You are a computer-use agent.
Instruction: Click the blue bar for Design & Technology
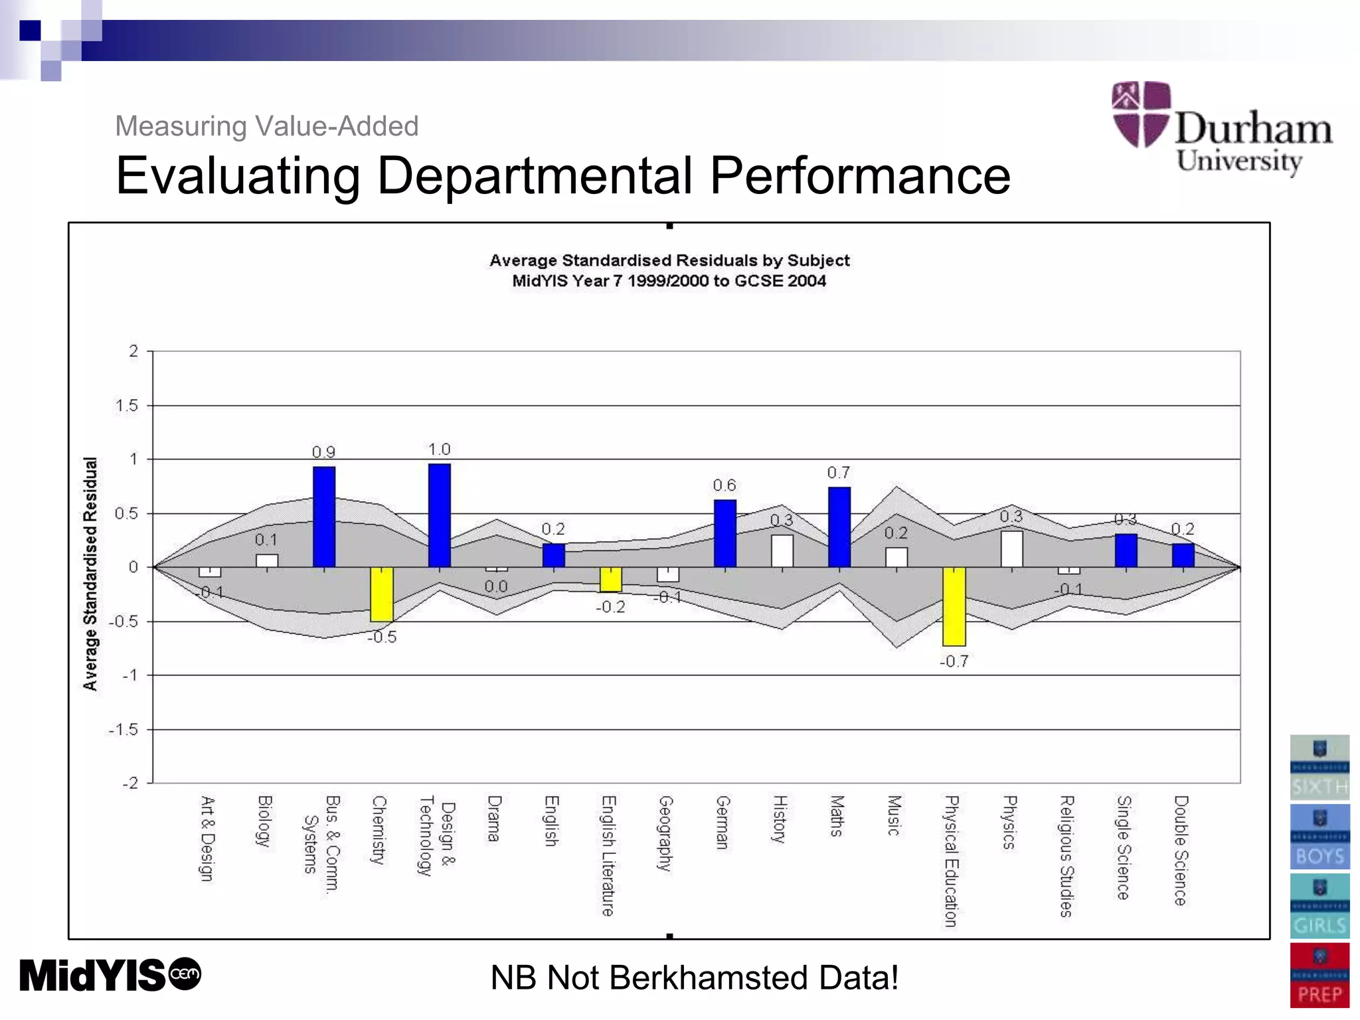click(x=439, y=516)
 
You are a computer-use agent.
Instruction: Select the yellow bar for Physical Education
click(x=954, y=606)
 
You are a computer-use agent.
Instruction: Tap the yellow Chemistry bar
click(x=382, y=594)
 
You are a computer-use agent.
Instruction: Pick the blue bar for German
click(x=724, y=533)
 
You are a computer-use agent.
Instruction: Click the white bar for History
click(x=782, y=551)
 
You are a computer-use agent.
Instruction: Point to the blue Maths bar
click(x=839, y=527)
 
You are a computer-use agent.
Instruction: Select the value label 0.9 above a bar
click(x=323, y=452)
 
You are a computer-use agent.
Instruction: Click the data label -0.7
click(x=954, y=661)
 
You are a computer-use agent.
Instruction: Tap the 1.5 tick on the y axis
click(x=127, y=405)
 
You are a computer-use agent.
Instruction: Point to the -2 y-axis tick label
click(x=130, y=783)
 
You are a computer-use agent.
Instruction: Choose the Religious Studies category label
click(x=1066, y=856)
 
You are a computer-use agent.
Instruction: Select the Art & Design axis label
click(x=208, y=838)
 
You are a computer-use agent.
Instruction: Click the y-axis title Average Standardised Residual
click(x=90, y=574)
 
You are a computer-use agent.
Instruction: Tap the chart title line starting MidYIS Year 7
click(x=669, y=281)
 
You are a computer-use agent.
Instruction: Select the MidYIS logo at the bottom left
click(x=110, y=975)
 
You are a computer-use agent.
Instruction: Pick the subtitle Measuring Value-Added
click(x=266, y=126)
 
